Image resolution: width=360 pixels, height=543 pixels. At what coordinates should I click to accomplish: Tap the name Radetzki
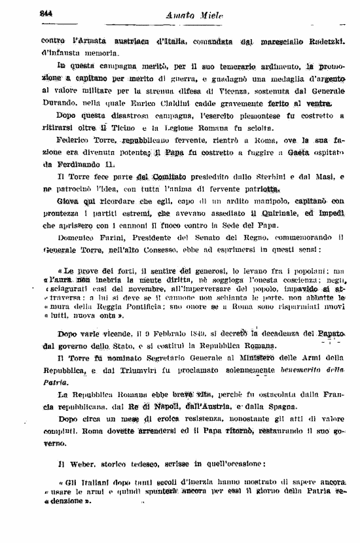(x=323, y=41)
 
